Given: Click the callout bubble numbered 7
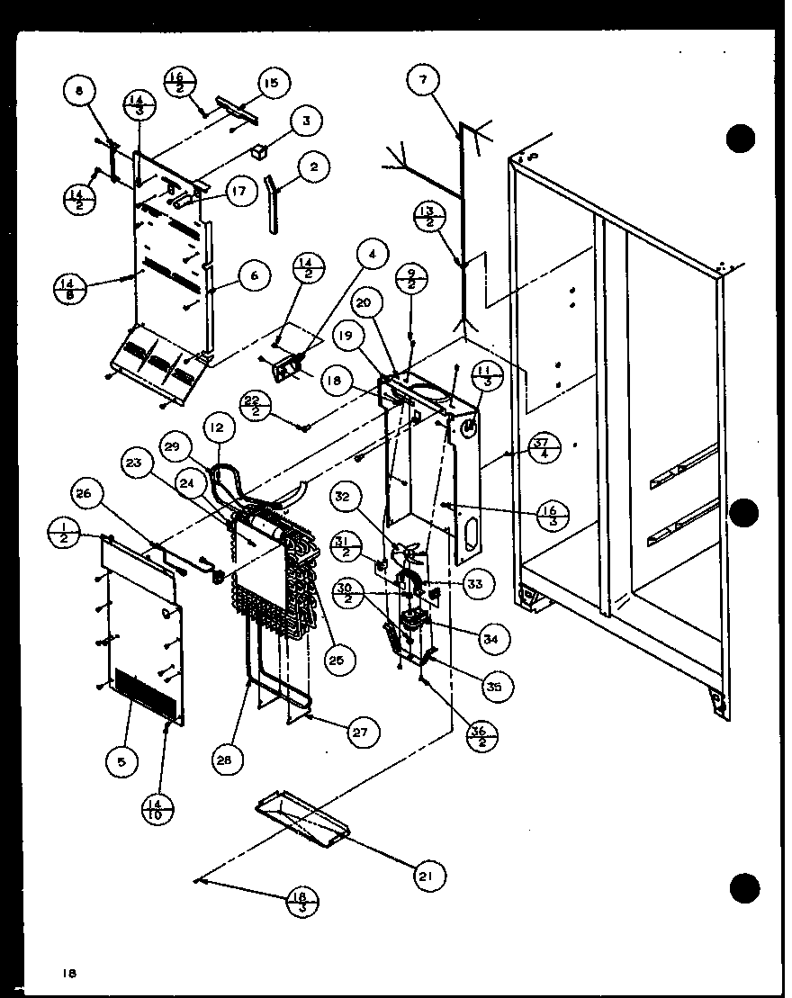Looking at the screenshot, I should pyautogui.click(x=422, y=80).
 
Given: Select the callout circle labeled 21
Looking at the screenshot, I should pyautogui.click(x=430, y=875).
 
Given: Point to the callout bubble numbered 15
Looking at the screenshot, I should pyautogui.click(x=271, y=84).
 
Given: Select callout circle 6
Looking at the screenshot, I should pyautogui.click(x=255, y=275).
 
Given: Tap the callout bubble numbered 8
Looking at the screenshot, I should pyautogui.click(x=78, y=90).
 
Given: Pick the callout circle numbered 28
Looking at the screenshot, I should pyautogui.click(x=223, y=760).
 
